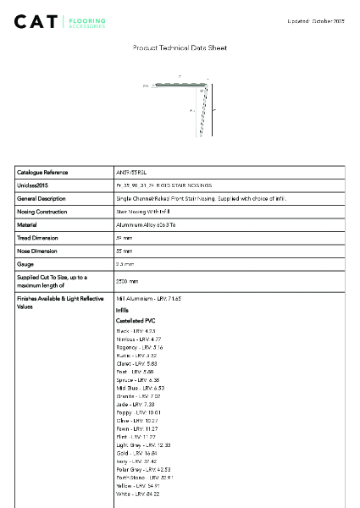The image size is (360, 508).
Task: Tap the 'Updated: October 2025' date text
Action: pos(315,19)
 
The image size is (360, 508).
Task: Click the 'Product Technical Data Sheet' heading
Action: pos(180,48)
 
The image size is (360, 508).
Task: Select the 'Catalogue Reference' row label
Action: pos(42,172)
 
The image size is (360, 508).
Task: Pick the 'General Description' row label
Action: pos(42,198)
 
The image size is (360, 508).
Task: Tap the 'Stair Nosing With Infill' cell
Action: pos(143,212)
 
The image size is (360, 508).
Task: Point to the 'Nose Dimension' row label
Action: pos(38,251)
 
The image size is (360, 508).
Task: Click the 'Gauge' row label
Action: pos(26,264)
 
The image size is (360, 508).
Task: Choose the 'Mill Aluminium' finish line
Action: pos(148,299)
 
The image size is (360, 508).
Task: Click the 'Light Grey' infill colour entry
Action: pos(143,444)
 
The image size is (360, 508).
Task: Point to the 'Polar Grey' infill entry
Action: pos(143,469)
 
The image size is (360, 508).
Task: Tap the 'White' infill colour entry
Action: pos(136,494)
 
